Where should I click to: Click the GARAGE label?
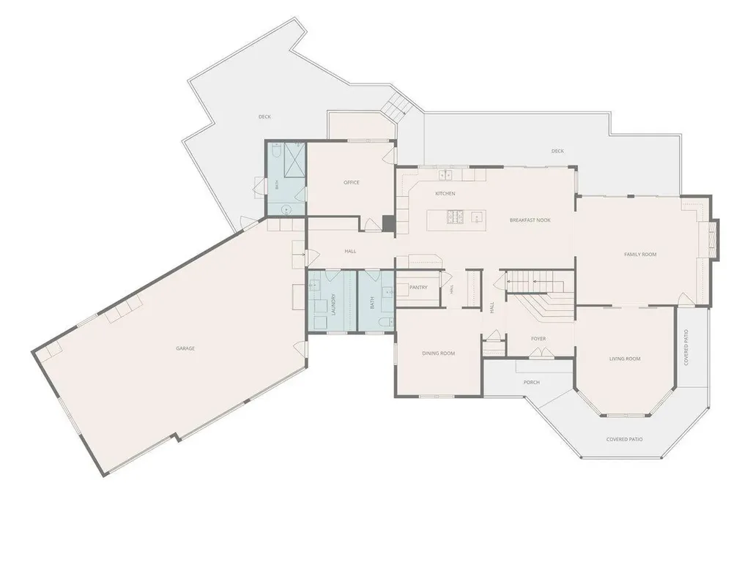tap(185, 348)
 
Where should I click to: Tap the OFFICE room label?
tap(351, 182)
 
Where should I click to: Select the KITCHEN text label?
tap(445, 193)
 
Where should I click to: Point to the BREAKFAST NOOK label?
tap(530, 220)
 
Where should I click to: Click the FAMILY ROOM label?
tap(640, 254)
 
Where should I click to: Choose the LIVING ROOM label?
tap(625, 359)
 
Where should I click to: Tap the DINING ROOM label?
tap(438, 353)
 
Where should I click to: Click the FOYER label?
tap(538, 339)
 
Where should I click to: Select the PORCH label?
tap(532, 382)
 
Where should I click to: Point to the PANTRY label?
tap(418, 287)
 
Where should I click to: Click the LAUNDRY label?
tap(334, 304)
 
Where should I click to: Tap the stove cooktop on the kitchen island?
tap(456, 217)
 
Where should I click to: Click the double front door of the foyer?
tap(541, 353)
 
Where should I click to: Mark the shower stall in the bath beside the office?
tap(294, 160)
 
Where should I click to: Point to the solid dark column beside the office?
tap(388, 224)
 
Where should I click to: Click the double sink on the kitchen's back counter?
tap(445, 175)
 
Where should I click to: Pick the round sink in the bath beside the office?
tap(286, 209)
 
